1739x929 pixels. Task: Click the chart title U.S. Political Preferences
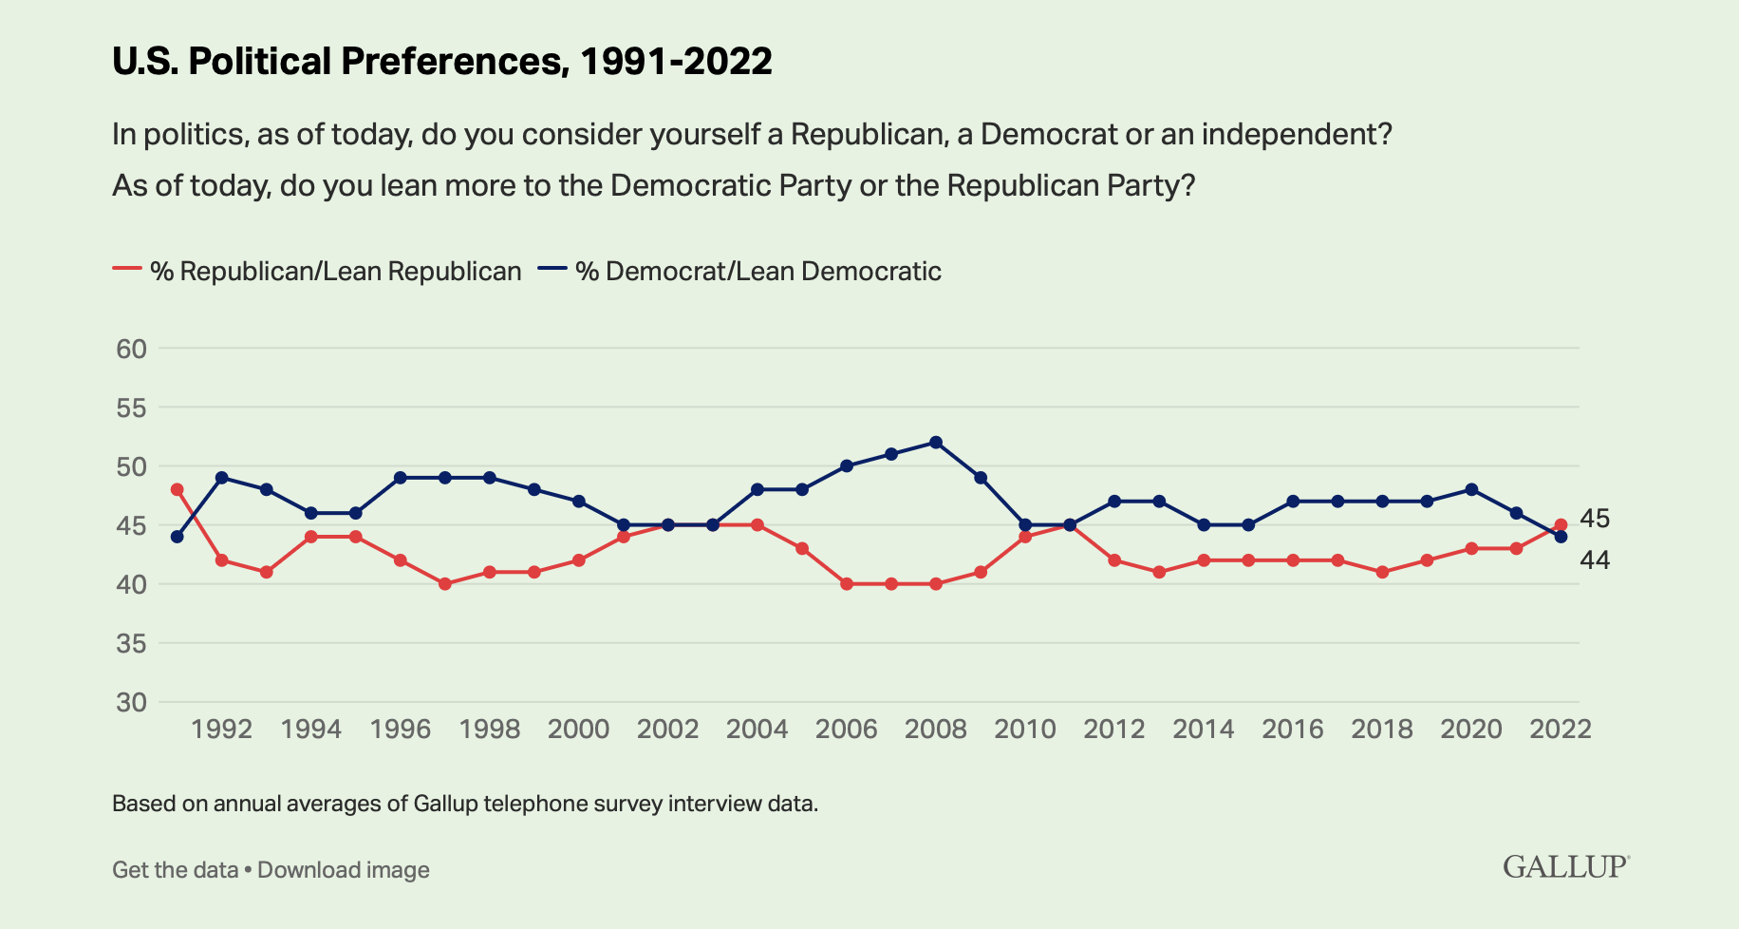pos(441,62)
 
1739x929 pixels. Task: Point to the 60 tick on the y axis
pos(132,349)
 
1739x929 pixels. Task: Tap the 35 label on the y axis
pos(132,644)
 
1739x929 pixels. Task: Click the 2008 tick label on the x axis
pos(935,730)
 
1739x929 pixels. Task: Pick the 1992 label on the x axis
pos(221,730)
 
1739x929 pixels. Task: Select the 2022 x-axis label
pos(1561,730)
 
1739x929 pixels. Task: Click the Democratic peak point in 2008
pos(936,442)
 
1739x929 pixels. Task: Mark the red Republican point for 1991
pos(177,489)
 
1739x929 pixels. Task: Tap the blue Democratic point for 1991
pos(177,537)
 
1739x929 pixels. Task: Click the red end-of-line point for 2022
pos(1561,524)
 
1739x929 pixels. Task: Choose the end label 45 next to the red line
pos(1595,519)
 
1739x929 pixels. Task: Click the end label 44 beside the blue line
pos(1595,560)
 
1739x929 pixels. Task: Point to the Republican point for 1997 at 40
pos(444,584)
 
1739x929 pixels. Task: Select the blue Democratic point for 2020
pos(1471,489)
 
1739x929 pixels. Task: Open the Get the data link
pos(175,870)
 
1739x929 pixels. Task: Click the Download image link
pos(344,870)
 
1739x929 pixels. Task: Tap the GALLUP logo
pos(1565,867)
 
